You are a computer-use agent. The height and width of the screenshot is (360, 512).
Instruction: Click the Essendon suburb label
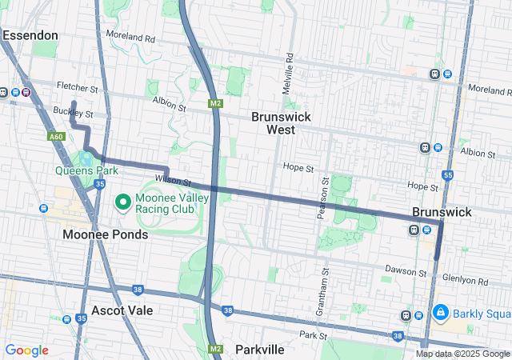pos(30,35)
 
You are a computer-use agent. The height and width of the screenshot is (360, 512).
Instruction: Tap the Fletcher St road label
pos(77,86)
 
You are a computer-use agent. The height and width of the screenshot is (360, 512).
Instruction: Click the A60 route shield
pos(56,138)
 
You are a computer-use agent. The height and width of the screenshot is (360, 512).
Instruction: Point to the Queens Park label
pos(86,170)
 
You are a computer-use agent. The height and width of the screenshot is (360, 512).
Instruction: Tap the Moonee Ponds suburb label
pos(106,234)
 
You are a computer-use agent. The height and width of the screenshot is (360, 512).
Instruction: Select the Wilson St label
pos(172,182)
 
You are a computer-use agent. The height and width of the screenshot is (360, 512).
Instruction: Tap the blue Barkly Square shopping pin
pos(440,312)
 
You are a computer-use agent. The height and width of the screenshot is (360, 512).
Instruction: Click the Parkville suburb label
pos(259,350)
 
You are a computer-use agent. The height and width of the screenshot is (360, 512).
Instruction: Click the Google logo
pos(26,350)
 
